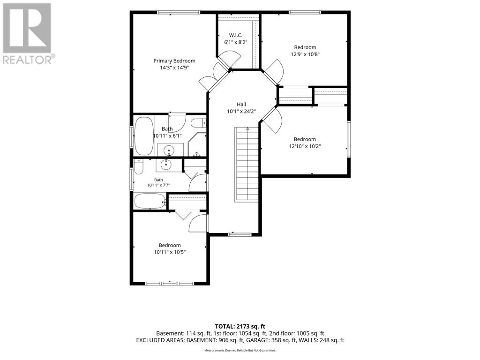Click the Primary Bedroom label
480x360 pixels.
(174, 61)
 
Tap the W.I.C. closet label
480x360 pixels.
(235, 35)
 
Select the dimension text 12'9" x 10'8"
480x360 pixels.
(305, 54)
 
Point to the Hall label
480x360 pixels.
(241, 105)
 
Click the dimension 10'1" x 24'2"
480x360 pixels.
(241, 112)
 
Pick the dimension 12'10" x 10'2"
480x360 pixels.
(305, 146)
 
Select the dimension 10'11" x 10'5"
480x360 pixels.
(170, 252)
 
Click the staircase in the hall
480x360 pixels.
(247, 165)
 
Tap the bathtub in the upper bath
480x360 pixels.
(144, 136)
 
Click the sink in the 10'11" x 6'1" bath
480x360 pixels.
(169, 150)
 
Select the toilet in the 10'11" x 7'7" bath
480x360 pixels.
(138, 166)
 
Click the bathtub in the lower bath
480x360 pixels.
(150, 201)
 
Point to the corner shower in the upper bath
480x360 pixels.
(197, 144)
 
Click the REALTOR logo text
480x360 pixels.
(29, 59)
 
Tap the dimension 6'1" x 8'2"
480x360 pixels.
(235, 42)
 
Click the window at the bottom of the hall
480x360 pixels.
(240, 235)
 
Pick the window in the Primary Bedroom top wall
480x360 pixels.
(179, 13)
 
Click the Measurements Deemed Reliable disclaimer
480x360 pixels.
(240, 350)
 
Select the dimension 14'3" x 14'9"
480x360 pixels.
(174, 67)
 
